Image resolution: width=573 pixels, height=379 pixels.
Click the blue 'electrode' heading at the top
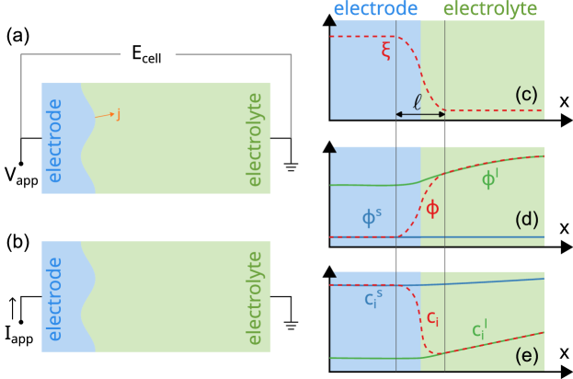point(375,9)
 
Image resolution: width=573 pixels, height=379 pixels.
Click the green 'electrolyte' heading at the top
point(489,9)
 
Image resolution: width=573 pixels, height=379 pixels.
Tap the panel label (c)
point(526,94)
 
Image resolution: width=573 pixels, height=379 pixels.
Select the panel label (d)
point(526,219)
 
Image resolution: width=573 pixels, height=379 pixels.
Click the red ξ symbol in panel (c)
point(386,51)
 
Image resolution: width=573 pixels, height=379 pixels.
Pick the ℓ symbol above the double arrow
point(418,101)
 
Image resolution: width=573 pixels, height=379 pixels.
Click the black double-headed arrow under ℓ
point(420,114)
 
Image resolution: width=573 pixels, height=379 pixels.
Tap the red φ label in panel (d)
point(432,209)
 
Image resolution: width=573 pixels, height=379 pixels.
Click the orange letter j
point(118,114)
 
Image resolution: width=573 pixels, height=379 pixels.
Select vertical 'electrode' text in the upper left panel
point(54,140)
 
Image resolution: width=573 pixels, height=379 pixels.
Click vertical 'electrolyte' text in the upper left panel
point(255,138)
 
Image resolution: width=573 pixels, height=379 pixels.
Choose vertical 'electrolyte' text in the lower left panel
point(255,296)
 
